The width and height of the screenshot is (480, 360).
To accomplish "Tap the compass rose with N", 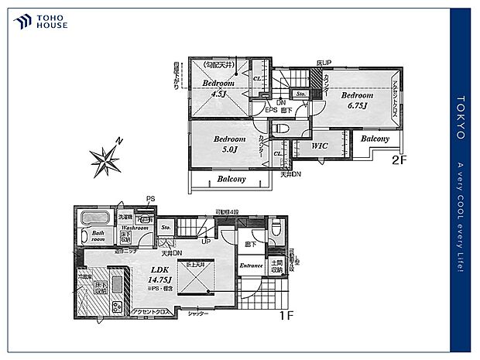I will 105,160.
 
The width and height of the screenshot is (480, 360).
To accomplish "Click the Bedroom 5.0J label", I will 219,143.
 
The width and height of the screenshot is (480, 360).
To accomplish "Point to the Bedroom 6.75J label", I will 358,101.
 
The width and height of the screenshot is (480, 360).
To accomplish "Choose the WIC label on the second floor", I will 320,145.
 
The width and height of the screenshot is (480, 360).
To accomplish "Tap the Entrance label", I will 252,266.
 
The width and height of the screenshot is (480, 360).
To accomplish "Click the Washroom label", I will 134,228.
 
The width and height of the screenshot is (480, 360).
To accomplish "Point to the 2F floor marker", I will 399,161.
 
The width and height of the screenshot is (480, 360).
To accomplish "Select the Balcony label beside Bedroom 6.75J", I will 375,139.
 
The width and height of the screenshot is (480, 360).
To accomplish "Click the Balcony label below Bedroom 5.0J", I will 231,179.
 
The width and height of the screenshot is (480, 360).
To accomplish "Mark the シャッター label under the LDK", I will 198,314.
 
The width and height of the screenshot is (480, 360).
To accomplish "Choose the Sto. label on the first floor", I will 166,228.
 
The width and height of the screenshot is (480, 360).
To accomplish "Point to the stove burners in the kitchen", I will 117,306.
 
